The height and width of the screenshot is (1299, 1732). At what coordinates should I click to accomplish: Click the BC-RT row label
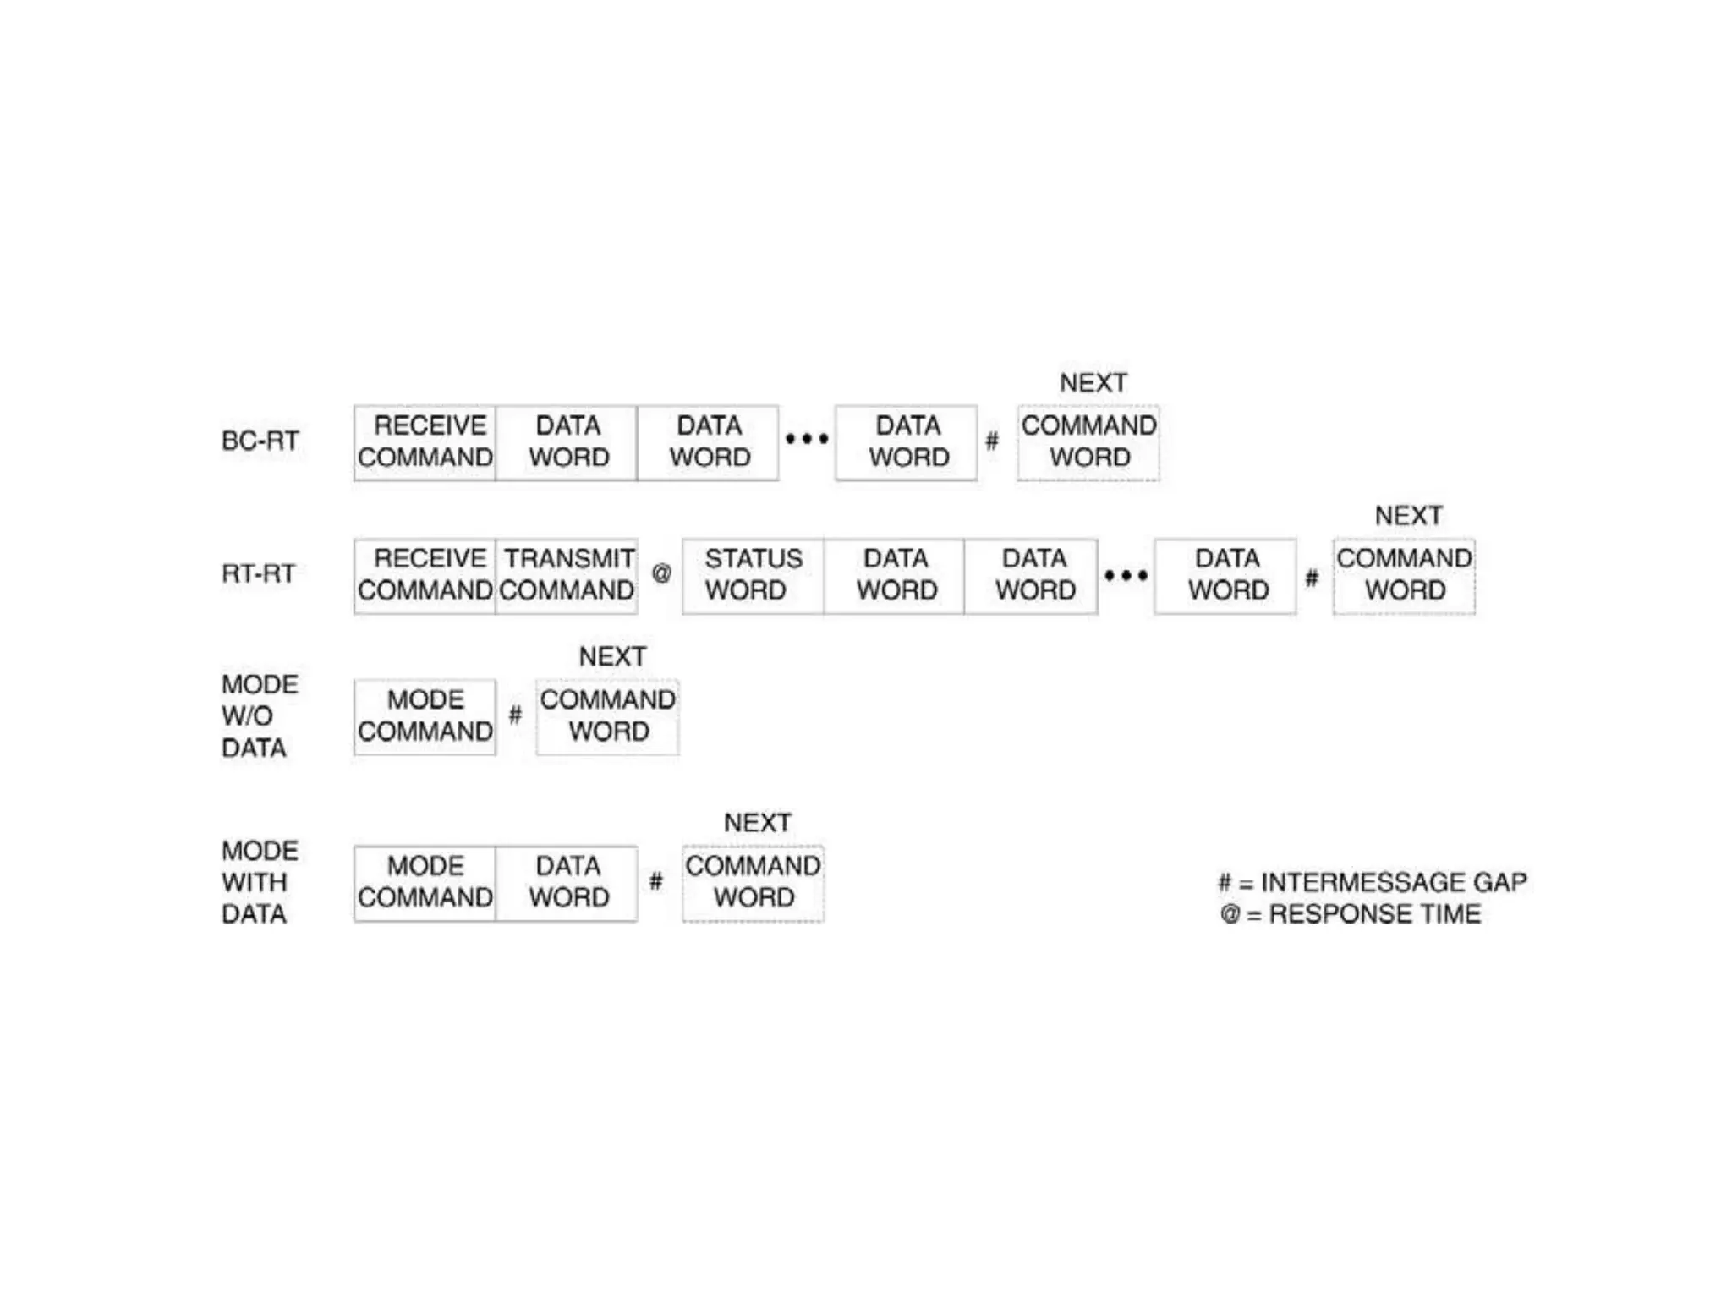pyautogui.click(x=260, y=441)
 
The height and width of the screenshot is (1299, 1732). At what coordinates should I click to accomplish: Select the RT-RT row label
pyautogui.click(x=258, y=573)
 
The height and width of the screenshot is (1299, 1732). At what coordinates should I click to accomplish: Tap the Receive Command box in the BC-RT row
pyautogui.click(x=425, y=442)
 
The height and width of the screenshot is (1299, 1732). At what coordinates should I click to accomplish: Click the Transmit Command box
pyautogui.click(x=567, y=575)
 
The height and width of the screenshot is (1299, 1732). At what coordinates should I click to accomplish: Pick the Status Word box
pyautogui.click(x=753, y=575)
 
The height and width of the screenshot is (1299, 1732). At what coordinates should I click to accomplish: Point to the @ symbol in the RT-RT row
pyautogui.click(x=661, y=573)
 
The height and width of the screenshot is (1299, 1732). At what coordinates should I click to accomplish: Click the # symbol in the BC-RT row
pyautogui.click(x=992, y=441)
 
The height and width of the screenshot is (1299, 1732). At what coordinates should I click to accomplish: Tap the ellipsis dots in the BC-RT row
pyautogui.click(x=807, y=438)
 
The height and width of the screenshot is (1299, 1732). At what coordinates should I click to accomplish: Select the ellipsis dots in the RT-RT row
pyautogui.click(x=1126, y=576)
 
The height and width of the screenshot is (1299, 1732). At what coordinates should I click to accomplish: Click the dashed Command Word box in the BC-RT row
pyautogui.click(x=1088, y=442)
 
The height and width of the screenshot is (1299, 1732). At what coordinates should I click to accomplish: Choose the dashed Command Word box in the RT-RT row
pyautogui.click(x=1404, y=575)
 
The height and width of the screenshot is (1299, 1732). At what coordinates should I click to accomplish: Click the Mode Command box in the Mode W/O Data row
pyautogui.click(x=425, y=716)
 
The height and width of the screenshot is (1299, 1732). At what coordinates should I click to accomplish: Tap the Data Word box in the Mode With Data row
pyautogui.click(x=567, y=882)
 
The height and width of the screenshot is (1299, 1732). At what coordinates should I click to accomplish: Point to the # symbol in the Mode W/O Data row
pyautogui.click(x=515, y=715)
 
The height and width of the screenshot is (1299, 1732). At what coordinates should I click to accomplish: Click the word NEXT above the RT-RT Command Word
pyautogui.click(x=1408, y=515)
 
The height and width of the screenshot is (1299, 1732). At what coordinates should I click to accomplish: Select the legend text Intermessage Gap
pyautogui.click(x=1393, y=882)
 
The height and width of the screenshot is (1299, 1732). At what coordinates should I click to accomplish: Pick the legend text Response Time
pyautogui.click(x=1374, y=914)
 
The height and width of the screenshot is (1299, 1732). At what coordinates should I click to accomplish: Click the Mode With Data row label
pyautogui.click(x=259, y=882)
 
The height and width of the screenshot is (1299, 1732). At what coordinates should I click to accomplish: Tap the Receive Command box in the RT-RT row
pyautogui.click(x=425, y=575)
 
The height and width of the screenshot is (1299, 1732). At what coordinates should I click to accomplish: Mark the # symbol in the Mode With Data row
pyautogui.click(x=656, y=882)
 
